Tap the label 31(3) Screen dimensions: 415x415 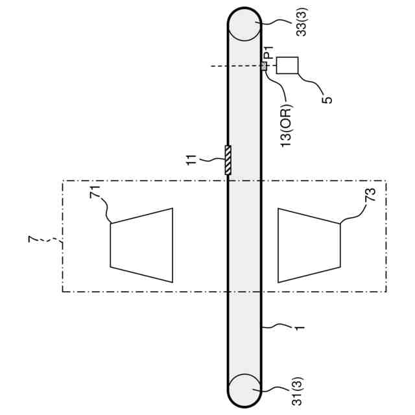pyautogui.click(x=297, y=391)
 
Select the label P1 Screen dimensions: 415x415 pyautogui.click(x=269, y=53)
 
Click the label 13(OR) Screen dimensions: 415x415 pyautogui.click(x=286, y=125)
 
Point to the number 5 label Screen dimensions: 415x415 pyautogui.click(x=327, y=100)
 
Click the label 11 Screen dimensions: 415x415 pyautogui.click(x=192, y=160)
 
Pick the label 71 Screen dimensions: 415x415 pyautogui.click(x=95, y=192)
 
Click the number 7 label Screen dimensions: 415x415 pyautogui.click(x=32, y=239)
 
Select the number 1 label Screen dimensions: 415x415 pyautogui.click(x=300, y=327)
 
